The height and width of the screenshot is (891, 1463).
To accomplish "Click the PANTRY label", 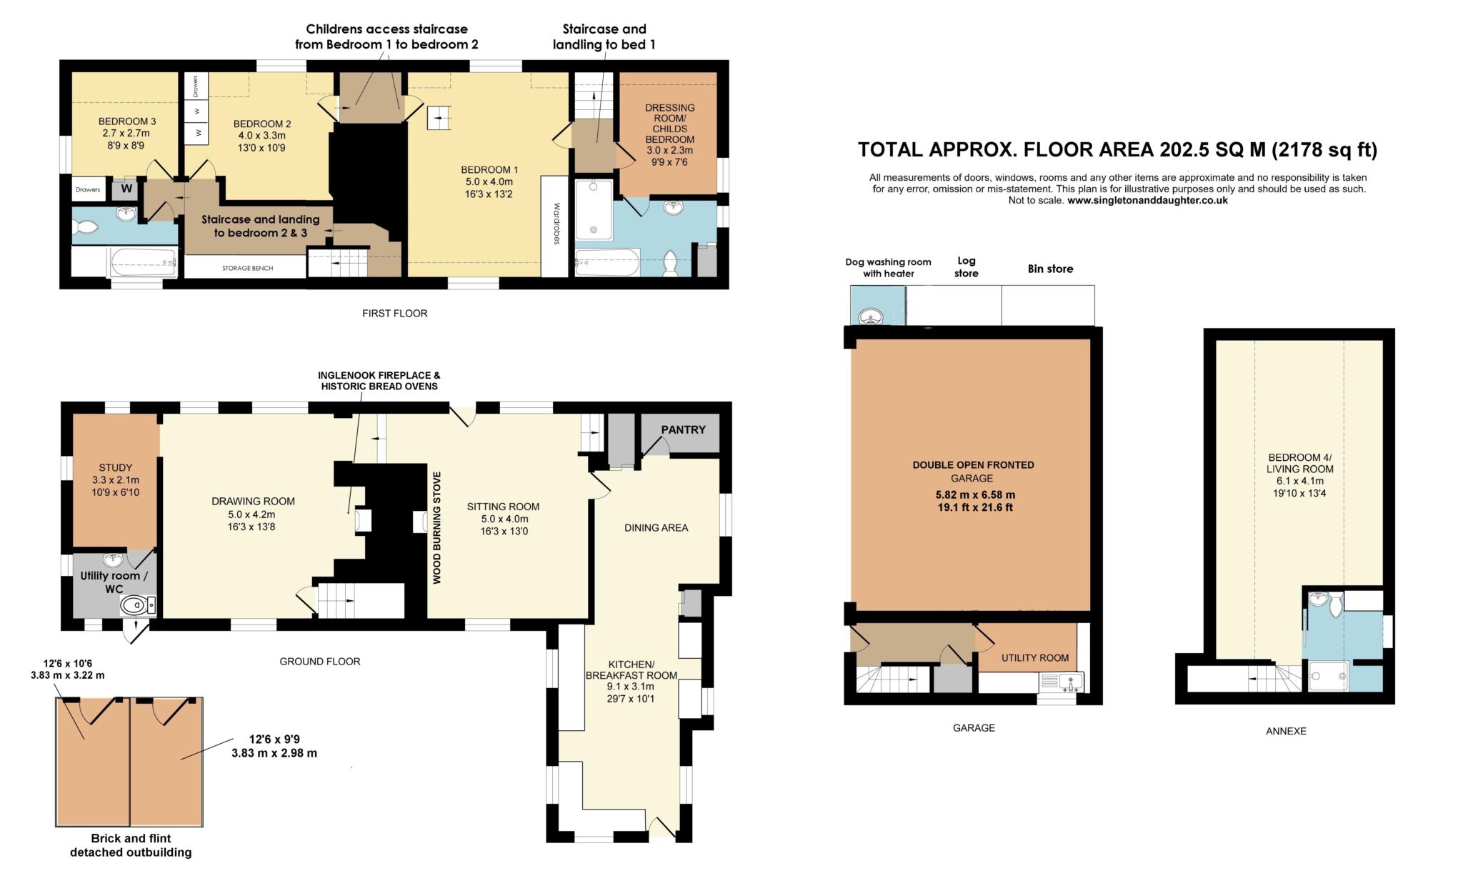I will coord(683,429).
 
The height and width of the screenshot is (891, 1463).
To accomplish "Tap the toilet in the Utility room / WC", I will coord(136,606).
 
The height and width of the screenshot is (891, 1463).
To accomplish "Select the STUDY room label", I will coord(115,468).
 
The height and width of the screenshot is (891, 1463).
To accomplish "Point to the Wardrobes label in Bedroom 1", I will coord(556,224).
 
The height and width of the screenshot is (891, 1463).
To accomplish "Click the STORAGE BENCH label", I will coord(247,268).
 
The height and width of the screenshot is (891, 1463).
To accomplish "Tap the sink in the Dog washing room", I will coord(871,315).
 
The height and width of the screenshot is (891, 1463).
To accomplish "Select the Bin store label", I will coord(1050,269).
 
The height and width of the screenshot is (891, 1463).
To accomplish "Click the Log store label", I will coord(966,267).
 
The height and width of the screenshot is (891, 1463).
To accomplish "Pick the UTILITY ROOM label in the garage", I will coord(1034,658).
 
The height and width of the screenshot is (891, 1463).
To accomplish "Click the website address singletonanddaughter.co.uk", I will coord(1147,201).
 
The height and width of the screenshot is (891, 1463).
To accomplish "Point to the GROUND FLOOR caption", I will coord(319,662).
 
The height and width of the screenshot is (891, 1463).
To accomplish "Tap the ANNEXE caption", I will coord(1286,731).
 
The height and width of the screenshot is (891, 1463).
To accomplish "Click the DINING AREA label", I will coord(656,528).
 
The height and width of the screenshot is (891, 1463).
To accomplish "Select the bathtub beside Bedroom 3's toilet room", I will coord(141,262).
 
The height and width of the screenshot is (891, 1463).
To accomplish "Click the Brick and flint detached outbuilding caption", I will coord(131,845).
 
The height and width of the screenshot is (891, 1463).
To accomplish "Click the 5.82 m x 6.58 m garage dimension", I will coord(975,494).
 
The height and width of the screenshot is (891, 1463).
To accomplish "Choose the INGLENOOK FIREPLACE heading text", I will coord(379,375).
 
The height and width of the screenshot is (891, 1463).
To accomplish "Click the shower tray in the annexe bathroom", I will coord(1328,675).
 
